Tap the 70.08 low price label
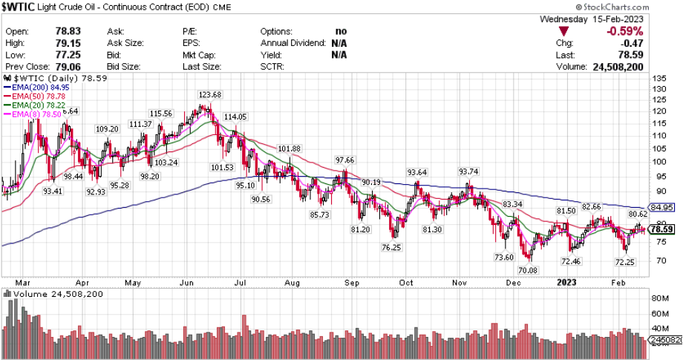pyautogui.click(x=528, y=270)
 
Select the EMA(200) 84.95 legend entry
pyautogui.click(x=35, y=86)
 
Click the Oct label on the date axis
pyautogui.click(x=405, y=282)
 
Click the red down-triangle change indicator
pyautogui.click(x=565, y=32)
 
